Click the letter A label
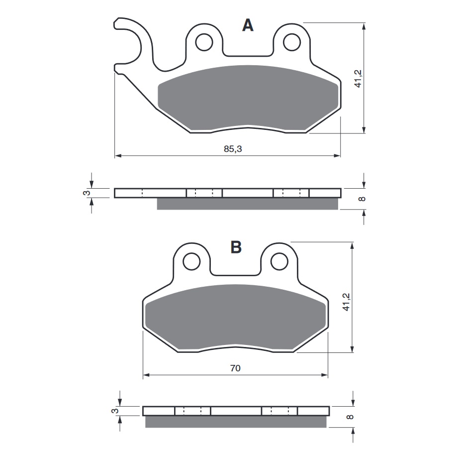tap(247, 25)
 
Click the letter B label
tap(236, 246)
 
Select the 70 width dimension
tap(235, 368)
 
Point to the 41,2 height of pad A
tap(358, 79)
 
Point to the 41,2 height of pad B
tap(346, 302)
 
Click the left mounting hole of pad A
tap(204, 42)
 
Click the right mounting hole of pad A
tap(292, 42)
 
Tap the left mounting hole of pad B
tap(191, 261)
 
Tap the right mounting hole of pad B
tap(279, 261)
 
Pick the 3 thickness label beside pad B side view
tap(114, 411)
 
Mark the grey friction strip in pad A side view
tap(247, 204)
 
